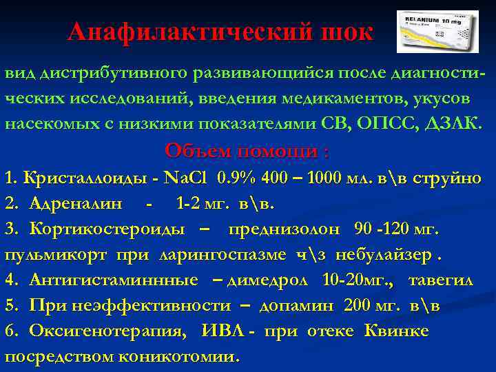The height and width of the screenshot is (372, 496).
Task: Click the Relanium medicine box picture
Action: point(437,32)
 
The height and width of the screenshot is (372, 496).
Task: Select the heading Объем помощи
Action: point(247,151)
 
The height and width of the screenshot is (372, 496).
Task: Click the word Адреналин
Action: point(76,203)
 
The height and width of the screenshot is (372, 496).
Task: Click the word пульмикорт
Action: point(56,254)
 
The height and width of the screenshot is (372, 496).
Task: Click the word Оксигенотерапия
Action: point(107,331)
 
